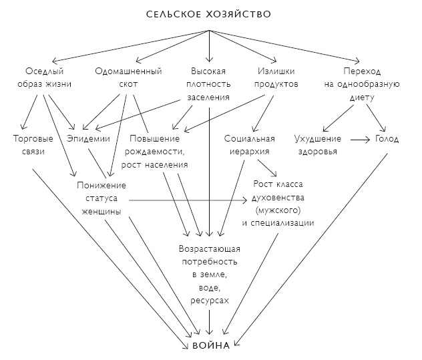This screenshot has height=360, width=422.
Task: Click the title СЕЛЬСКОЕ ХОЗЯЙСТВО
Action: point(210,13)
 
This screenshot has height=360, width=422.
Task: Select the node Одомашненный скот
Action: point(125,77)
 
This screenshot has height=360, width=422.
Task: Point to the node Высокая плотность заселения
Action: point(209,83)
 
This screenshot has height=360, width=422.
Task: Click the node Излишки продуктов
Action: point(278,77)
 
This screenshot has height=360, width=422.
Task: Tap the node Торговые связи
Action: point(29,145)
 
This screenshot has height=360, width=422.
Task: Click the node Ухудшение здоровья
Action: point(317,145)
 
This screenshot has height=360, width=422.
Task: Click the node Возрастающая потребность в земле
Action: point(209,275)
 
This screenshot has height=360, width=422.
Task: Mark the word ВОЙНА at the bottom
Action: point(209,346)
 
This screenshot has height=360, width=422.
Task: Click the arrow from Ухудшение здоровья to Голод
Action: point(359,139)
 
